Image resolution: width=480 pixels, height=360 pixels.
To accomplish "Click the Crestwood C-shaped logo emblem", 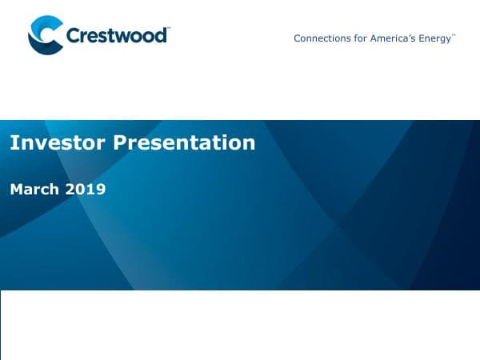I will tap(45, 35).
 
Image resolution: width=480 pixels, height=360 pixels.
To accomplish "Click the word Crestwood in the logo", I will tap(116, 36).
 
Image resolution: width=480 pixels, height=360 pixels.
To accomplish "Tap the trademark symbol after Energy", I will tap(454, 35).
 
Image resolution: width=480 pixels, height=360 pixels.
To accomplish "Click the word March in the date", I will tap(33, 190).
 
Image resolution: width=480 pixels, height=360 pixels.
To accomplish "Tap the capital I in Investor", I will tap(12, 142).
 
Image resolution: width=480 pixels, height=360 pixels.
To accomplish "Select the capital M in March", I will tap(16, 190).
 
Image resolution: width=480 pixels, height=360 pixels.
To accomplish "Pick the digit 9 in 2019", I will tap(100, 190).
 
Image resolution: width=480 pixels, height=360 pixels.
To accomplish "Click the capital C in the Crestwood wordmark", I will tap(74, 36).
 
